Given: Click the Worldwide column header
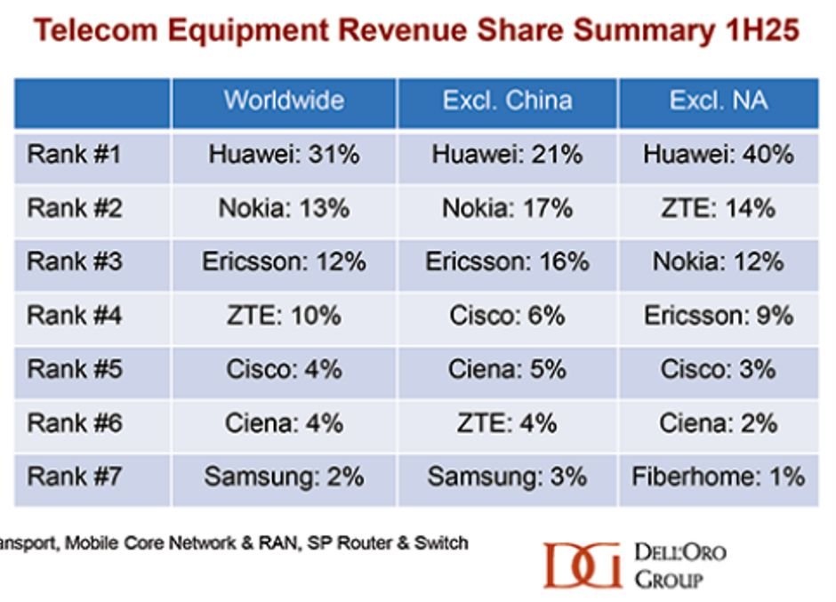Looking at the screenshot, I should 284,100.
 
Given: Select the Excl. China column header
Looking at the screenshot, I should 507,100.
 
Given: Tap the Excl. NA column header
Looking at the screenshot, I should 718,100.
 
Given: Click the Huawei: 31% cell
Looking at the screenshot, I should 284,155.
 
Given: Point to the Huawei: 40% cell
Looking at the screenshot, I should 718,155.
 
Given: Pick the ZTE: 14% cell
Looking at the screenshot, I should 718,209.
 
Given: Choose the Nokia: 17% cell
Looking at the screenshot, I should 507,209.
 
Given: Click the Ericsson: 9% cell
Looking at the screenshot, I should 718,316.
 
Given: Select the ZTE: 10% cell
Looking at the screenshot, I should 284,316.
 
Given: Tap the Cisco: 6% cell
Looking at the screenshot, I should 507,316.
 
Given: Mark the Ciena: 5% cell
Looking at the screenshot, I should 507,369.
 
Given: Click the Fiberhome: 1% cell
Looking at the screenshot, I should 718,477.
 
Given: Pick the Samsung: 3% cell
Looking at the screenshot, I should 507,477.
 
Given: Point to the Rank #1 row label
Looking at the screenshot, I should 75,155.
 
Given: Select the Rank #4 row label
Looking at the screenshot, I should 75,316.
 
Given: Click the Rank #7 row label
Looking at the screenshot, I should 75,477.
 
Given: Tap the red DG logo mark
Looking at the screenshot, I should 582,565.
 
